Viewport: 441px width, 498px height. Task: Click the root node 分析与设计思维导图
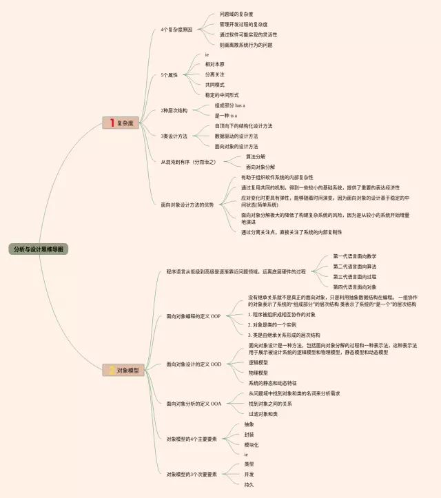(40, 249)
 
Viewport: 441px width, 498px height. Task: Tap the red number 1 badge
(110, 123)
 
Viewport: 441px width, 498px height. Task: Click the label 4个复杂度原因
(176, 30)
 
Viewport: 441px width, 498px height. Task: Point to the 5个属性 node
(169, 74)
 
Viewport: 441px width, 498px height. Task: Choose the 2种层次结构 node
(174, 110)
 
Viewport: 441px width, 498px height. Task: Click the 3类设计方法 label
(174, 136)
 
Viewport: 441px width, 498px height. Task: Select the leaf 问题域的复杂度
(236, 14)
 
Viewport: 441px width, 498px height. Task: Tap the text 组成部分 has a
(229, 105)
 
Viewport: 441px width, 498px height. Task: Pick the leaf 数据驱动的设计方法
(236, 136)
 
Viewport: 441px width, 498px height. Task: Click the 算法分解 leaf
(255, 156)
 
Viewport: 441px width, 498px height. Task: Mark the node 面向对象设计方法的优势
(187, 205)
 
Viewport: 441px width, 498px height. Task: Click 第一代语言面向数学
(355, 256)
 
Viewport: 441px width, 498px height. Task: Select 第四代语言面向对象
(355, 287)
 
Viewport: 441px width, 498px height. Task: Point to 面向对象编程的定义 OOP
(194, 316)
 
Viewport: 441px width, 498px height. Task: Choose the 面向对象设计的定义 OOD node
(194, 364)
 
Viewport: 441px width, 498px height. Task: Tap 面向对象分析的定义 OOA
(194, 404)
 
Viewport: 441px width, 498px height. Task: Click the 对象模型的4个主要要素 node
(192, 438)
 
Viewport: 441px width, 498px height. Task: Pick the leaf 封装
(249, 435)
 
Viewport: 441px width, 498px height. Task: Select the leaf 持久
(249, 485)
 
